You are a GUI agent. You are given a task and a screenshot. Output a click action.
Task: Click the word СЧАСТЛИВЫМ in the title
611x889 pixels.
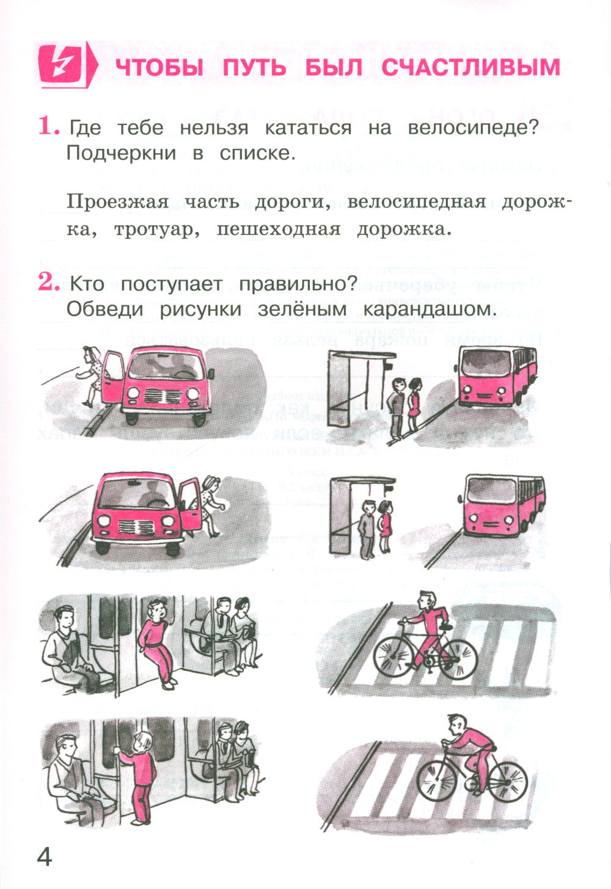[470, 67]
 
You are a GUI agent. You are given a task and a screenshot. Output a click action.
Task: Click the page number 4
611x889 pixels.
[45, 857]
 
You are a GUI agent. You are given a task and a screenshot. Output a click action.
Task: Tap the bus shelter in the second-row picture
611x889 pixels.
[351, 516]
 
